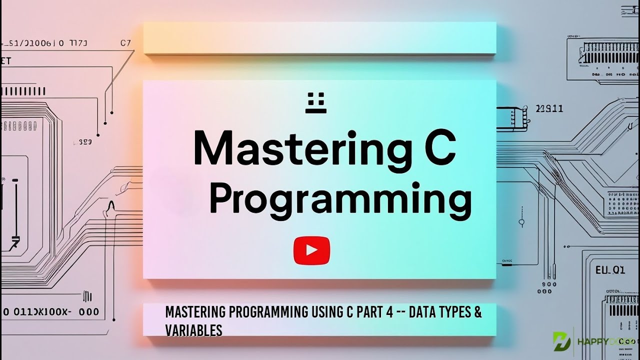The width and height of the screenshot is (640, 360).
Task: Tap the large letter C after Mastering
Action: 435,147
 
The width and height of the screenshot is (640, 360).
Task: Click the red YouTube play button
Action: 311,250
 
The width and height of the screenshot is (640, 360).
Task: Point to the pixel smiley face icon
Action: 315,102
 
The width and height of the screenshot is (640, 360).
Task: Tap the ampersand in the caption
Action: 477,312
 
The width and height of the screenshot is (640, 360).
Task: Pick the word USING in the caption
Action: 326,312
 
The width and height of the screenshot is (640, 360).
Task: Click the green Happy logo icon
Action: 561,341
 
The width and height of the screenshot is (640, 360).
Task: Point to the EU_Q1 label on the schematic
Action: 609,270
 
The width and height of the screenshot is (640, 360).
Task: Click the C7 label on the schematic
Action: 125,43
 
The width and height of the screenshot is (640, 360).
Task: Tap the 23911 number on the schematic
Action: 549,108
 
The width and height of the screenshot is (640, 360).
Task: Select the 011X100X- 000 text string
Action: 50,312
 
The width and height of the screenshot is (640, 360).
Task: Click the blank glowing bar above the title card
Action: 319,38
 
